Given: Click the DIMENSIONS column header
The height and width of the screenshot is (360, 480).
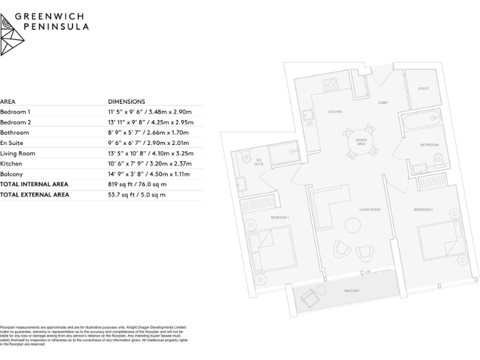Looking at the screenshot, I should tap(126, 101).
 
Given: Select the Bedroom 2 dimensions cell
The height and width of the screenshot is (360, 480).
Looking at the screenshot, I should tap(151, 122).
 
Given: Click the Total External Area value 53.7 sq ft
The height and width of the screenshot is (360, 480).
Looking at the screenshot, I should tap(137, 195).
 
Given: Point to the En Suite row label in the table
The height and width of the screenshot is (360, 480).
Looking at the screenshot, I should tap(12, 143).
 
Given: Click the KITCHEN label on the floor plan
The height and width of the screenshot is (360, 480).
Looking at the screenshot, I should tap(336, 112).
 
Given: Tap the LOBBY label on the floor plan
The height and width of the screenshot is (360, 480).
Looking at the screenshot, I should tap(383, 102).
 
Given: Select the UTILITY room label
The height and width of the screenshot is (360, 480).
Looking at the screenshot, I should tap(423, 89).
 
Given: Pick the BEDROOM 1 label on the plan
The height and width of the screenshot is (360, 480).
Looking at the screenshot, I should tap(279, 217).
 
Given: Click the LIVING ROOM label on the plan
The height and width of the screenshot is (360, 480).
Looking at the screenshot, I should tap(370, 209).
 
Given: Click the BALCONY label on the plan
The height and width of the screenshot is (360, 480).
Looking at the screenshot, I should tap(352, 291).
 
